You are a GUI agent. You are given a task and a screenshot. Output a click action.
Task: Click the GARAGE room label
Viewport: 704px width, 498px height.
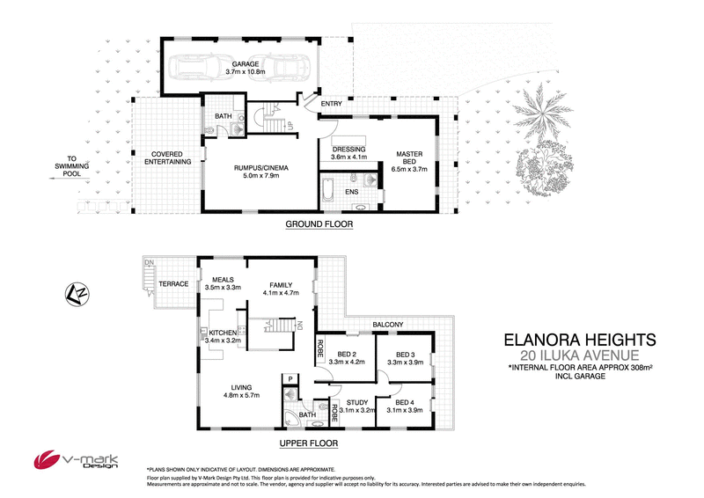pos(245,65)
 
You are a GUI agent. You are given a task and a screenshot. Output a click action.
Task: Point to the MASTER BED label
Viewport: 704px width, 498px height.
pos(410,156)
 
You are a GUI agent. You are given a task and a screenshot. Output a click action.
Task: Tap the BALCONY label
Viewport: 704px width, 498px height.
pos(386,325)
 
